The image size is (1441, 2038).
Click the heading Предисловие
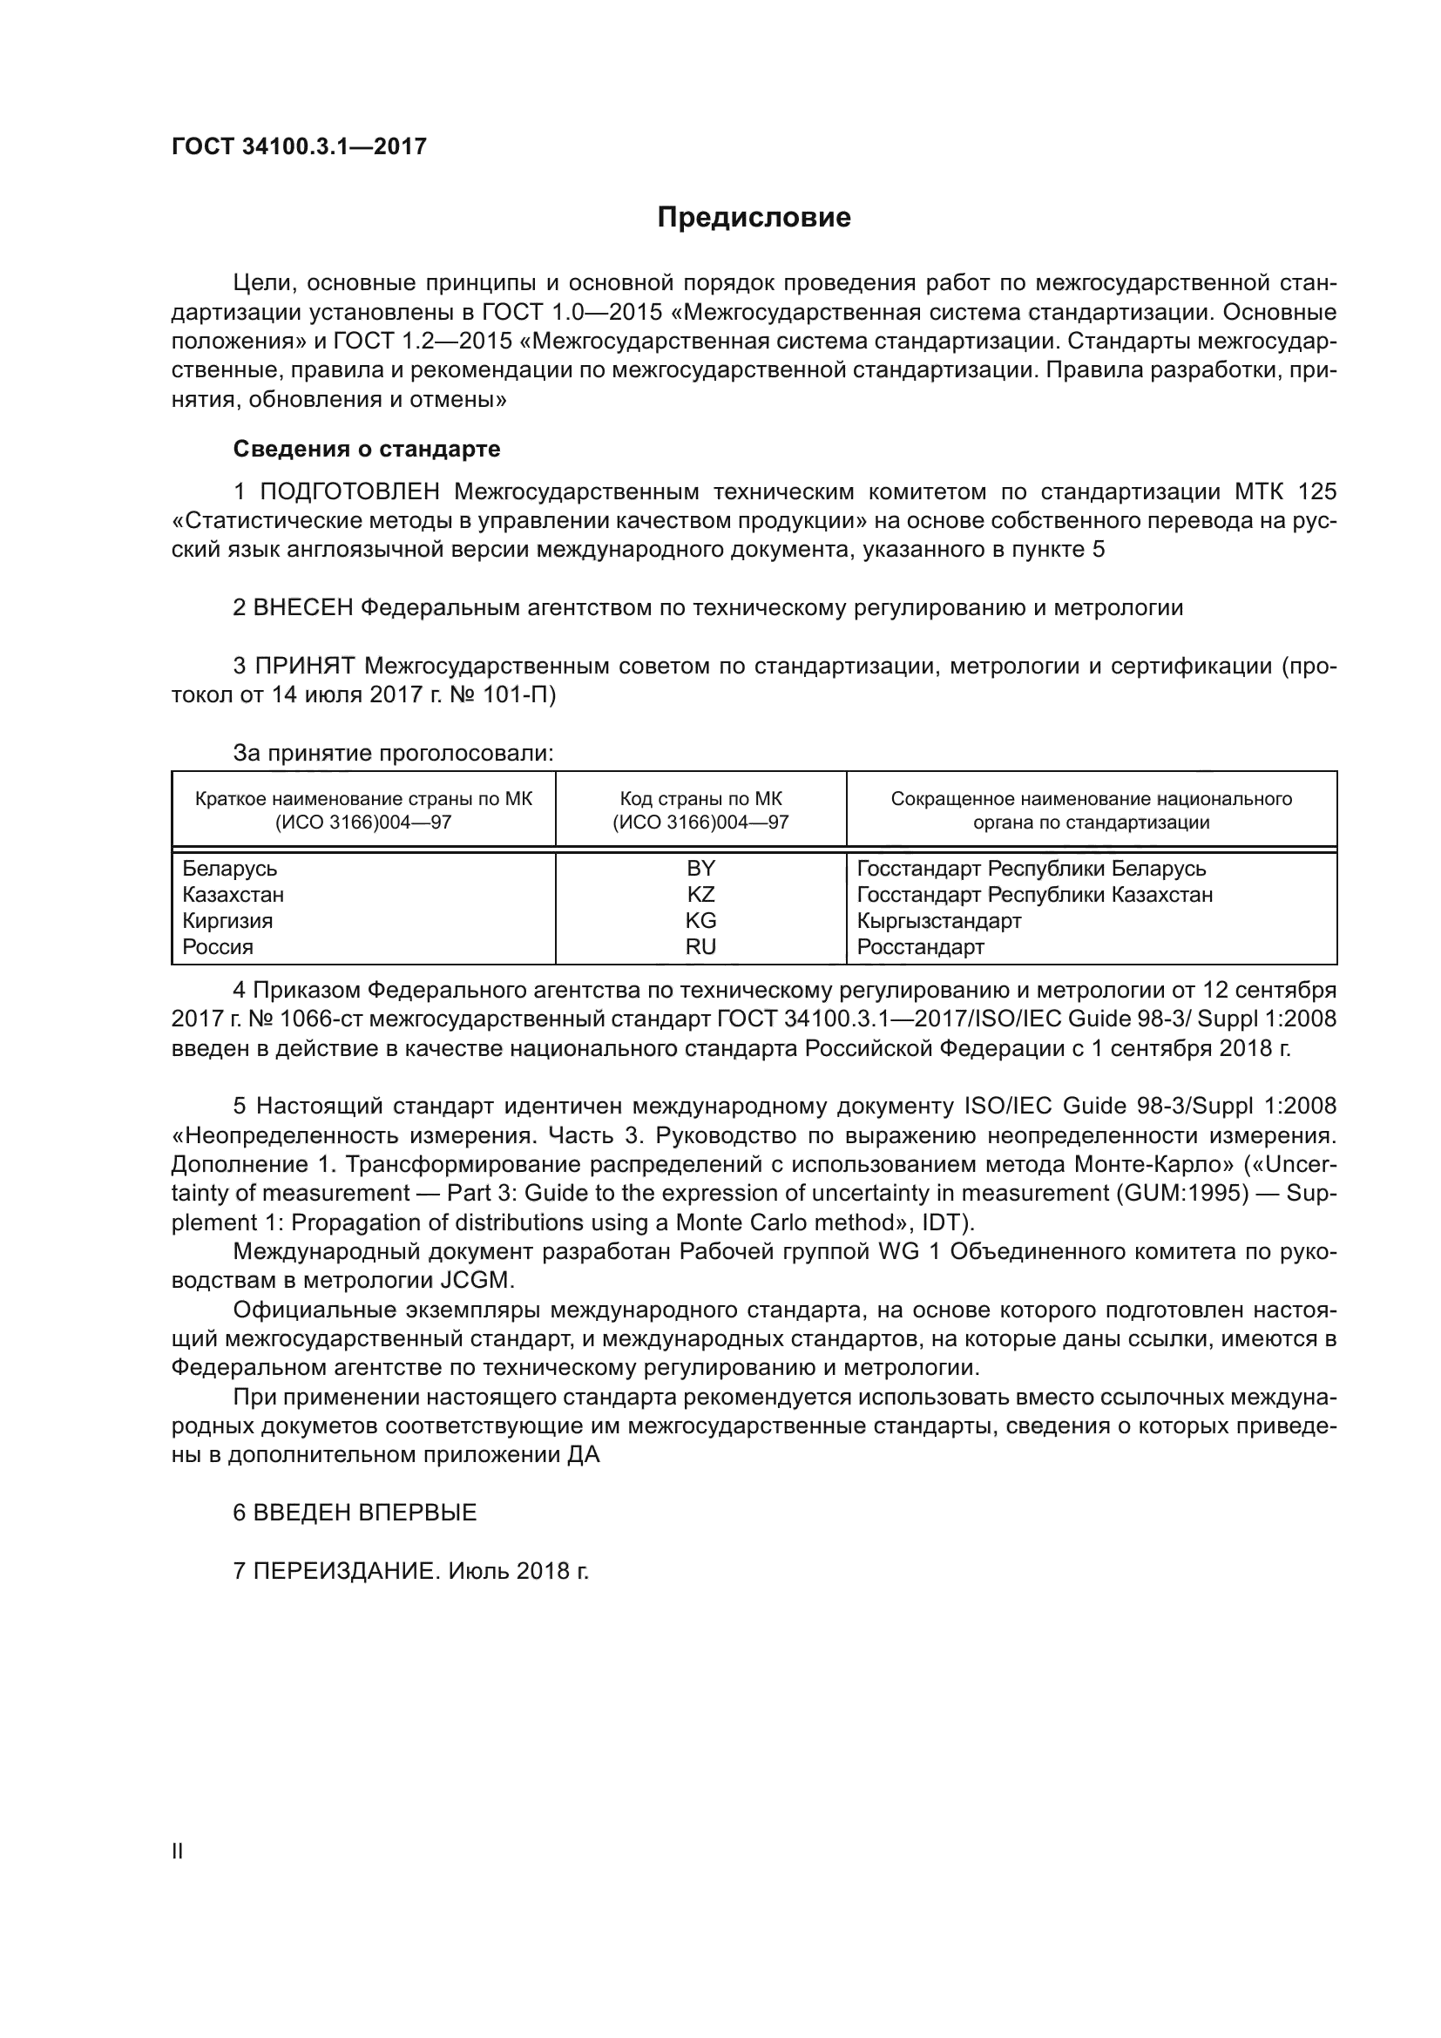tap(754, 218)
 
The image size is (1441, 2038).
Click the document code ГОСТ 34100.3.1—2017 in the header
tap(299, 146)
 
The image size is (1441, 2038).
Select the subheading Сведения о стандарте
tap(367, 449)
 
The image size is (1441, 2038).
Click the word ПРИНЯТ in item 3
tap(305, 666)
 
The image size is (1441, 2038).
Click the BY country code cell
tap(700, 868)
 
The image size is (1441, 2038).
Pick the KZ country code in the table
tap(700, 894)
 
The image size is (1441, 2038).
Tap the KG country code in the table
tap(700, 920)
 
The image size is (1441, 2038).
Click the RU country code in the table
tap(700, 946)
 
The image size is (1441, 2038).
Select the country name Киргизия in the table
tap(227, 920)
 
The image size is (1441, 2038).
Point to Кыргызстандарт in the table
tap(939, 920)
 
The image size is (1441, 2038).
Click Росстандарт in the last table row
tap(920, 946)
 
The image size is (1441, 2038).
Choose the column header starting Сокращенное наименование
tap(1091, 809)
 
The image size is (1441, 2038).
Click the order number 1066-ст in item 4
tap(317, 1019)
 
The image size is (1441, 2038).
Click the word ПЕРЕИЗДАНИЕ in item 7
tap(346, 1571)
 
